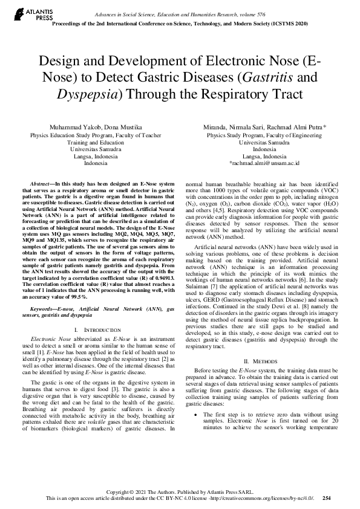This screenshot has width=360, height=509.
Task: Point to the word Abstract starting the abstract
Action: tap(42, 182)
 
